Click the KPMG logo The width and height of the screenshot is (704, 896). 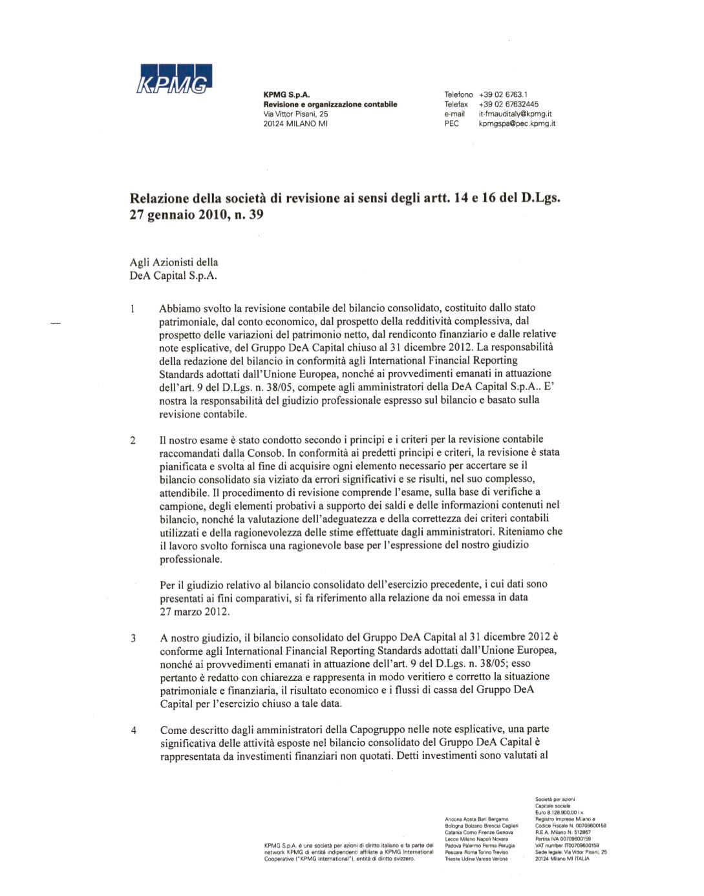175,79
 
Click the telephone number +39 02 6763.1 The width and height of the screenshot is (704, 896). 503,94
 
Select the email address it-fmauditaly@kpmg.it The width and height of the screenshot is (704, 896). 515,114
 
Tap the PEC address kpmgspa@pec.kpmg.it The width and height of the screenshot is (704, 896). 517,123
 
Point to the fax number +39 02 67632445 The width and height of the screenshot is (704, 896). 509,104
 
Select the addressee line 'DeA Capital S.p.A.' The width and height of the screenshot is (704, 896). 174,276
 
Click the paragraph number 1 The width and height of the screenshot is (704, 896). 133,308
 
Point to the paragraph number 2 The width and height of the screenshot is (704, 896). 133,441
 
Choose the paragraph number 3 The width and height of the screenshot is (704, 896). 133,638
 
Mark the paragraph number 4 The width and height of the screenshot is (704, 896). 134,731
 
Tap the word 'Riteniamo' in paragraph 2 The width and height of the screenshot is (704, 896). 522,532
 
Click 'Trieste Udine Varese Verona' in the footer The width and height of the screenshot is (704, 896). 476,859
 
